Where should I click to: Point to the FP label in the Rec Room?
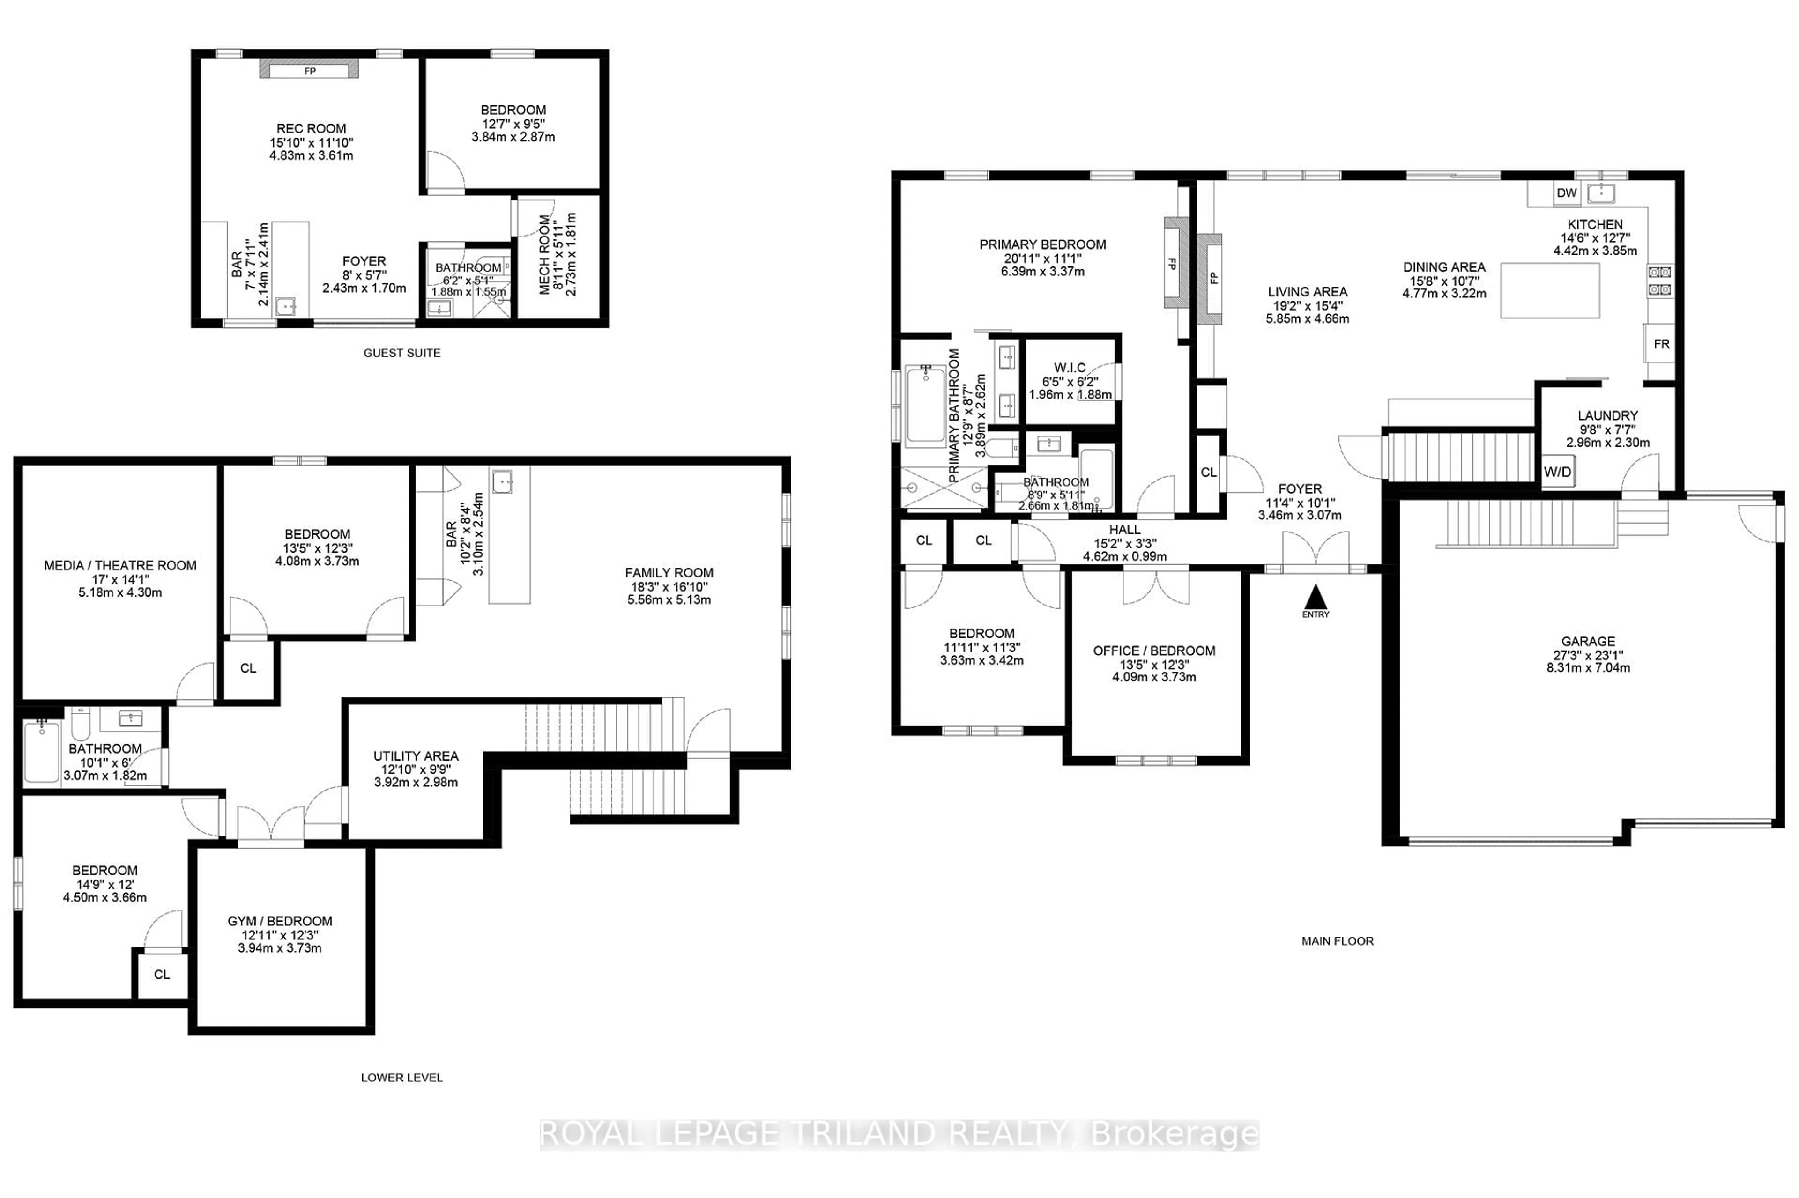click(310, 71)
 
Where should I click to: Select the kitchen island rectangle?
click(1549, 290)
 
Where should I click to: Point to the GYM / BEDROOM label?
click(280, 921)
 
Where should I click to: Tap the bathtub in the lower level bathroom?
click(41, 753)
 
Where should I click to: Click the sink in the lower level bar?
click(502, 481)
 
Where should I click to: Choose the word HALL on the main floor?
click(1124, 530)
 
